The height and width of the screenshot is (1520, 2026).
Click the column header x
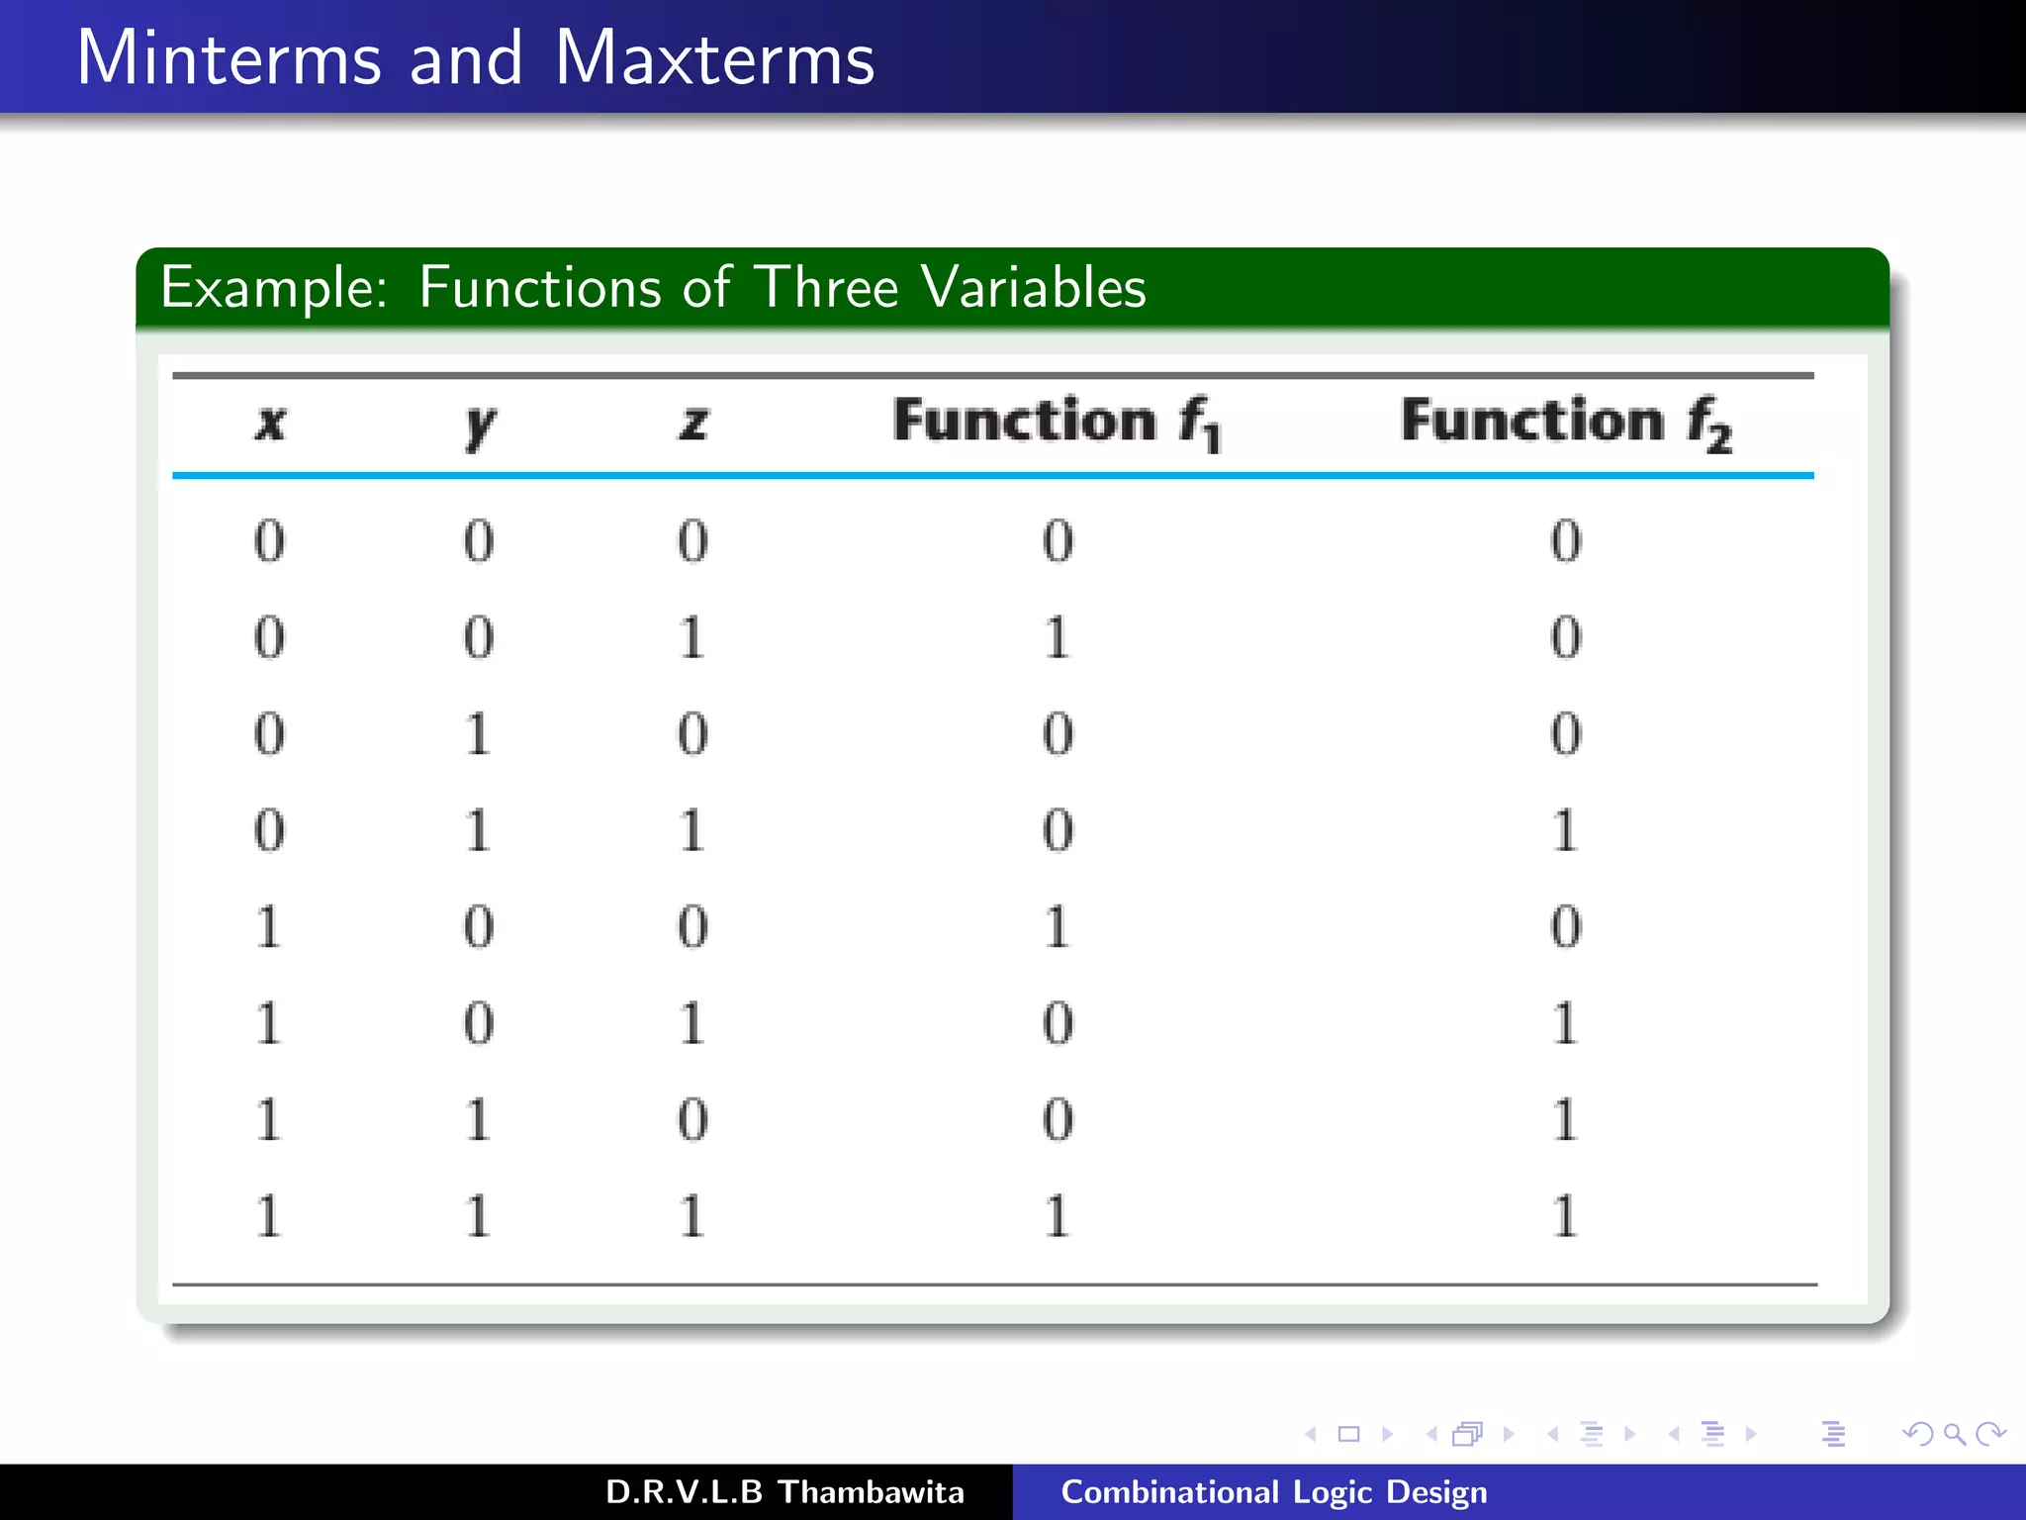tap(270, 423)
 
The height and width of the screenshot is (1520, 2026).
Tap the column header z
tap(692, 423)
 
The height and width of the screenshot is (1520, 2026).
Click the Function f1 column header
tap(1057, 423)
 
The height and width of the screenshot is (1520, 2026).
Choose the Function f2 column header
tap(1566, 423)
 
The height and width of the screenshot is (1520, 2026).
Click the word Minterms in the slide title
tap(229, 58)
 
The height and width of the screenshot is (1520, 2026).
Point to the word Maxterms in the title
tap(714, 58)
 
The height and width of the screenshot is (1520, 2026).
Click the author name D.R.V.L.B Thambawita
tap(784, 1491)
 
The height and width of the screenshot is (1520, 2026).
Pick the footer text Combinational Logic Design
tap(1273, 1491)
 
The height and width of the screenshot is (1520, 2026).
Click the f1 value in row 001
tap(1057, 637)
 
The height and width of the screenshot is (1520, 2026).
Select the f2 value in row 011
tap(1565, 830)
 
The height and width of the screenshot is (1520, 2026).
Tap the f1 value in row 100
tap(1057, 927)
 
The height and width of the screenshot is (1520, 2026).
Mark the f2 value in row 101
tap(1565, 1023)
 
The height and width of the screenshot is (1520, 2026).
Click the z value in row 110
tap(692, 1119)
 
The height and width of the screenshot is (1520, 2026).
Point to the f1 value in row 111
tap(1057, 1216)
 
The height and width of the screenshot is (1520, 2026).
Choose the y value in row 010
tap(479, 734)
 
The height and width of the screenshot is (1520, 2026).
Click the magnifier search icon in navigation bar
tap(1954, 1434)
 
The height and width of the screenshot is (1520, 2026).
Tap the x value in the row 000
tap(269, 541)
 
